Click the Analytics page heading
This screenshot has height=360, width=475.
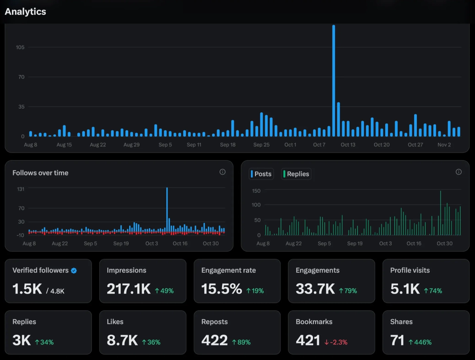click(25, 11)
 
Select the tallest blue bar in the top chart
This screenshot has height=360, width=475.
click(334, 81)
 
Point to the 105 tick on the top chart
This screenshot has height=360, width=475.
click(20, 47)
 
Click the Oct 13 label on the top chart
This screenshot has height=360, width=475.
click(348, 145)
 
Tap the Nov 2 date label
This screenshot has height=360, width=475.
click(444, 145)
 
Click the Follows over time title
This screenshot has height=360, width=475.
click(40, 173)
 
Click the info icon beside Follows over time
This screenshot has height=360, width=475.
click(222, 172)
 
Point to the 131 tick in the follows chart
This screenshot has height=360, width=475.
click(21, 189)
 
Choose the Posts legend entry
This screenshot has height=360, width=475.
click(261, 174)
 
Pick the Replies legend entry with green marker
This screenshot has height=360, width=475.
click(296, 174)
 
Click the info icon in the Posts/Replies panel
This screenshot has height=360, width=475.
click(459, 172)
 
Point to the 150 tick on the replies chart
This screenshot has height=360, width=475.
click(256, 191)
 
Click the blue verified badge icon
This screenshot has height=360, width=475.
click(74, 271)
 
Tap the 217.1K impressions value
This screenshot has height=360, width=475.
click(129, 289)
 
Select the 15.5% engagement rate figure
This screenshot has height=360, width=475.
click(221, 289)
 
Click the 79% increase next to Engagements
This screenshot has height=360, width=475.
click(348, 291)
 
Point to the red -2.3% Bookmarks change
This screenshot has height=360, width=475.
click(336, 342)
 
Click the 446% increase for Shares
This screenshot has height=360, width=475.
click(420, 342)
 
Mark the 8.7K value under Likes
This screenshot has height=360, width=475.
click(122, 341)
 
